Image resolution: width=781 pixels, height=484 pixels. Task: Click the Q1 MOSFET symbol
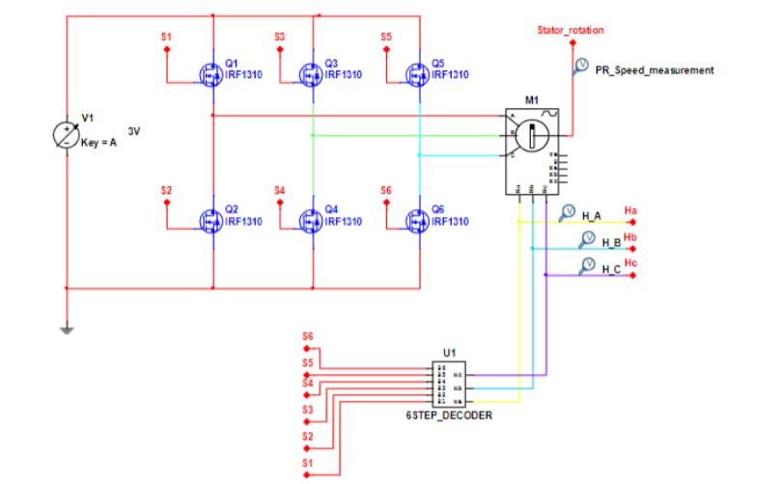[209, 73]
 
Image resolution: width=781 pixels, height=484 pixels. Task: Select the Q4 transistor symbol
[310, 221]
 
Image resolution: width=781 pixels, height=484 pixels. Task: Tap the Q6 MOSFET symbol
[417, 221]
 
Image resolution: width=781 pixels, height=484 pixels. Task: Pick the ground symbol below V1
[66, 330]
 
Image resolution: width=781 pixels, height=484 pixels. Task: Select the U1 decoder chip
[449, 385]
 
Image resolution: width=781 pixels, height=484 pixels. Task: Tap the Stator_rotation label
[571, 30]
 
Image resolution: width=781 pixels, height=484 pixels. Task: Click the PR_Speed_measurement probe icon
[581, 65]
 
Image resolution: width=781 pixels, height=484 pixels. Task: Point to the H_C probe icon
[586, 264]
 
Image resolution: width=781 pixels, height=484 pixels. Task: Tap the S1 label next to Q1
[166, 37]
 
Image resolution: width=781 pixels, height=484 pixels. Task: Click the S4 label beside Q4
[279, 190]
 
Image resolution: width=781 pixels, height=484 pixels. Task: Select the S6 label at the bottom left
[307, 336]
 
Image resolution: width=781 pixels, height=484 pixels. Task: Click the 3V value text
[134, 130]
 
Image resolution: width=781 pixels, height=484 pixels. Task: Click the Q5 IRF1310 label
[449, 74]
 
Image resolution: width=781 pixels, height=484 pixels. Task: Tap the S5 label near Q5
[385, 37]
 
